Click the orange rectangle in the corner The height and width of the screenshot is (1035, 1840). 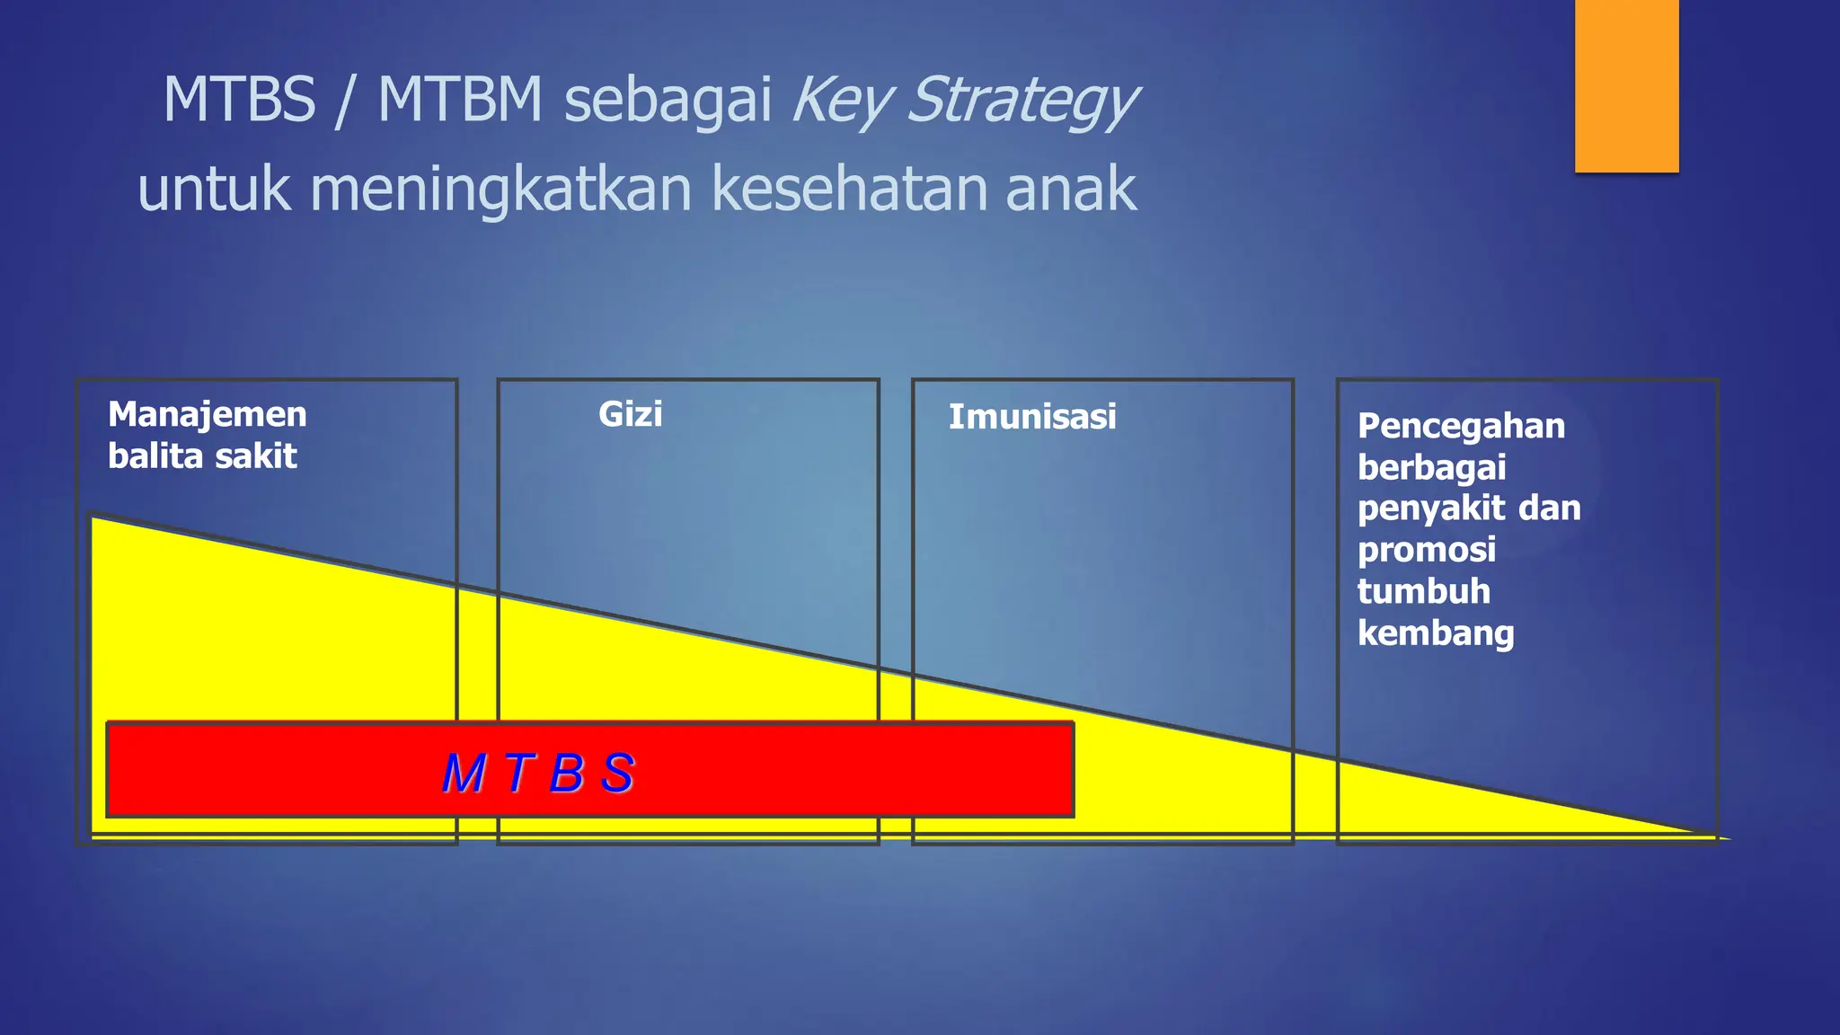(1626, 85)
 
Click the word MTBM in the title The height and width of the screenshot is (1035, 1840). (460, 99)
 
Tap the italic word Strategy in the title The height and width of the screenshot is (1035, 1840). (1022, 101)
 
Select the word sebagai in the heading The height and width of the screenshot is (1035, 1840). (668, 101)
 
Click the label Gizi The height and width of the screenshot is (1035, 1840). (630, 414)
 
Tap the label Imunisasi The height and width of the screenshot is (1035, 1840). (1032, 417)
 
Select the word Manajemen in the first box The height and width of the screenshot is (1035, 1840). (208, 415)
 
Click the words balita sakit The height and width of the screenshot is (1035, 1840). (202, 456)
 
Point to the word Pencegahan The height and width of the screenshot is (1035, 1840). (1461, 427)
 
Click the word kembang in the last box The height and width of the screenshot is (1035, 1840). (1436, 633)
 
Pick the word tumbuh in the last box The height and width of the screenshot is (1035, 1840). (1424, 592)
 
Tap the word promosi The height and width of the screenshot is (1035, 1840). (1427, 550)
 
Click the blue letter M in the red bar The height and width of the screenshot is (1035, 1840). (464, 773)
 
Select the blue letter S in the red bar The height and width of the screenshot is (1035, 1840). (618, 773)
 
